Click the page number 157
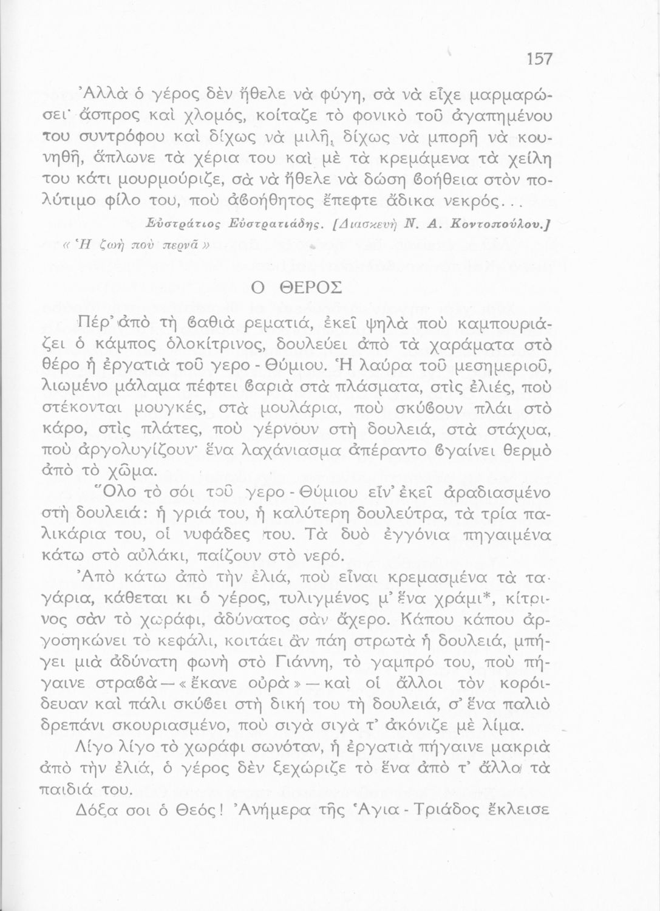[539, 58]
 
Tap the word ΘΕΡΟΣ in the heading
[307, 287]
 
